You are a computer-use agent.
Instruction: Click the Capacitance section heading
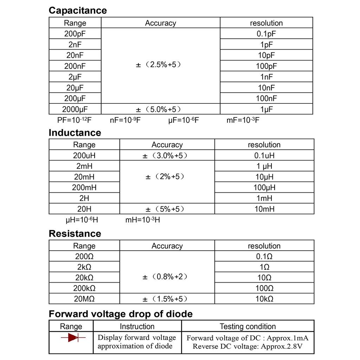coord(77,11)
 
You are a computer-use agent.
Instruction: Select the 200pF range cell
coord(75,34)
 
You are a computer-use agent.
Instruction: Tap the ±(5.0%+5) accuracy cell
coord(160,109)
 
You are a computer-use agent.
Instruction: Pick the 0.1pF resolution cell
coord(266,34)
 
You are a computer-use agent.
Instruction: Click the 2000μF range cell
coord(75,109)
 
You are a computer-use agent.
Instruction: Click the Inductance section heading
coord(75,133)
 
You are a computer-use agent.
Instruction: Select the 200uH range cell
coord(84,155)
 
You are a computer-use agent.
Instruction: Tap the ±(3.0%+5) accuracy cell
coord(167,155)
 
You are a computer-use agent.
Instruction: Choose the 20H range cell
coord(84,209)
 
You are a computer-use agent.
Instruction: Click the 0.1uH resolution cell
coord(264,155)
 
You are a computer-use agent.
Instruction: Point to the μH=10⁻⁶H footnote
coord(82,220)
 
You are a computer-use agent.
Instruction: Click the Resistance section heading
coord(75,234)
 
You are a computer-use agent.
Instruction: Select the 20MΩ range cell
coord(84,299)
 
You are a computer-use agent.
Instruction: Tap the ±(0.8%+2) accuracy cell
coord(167,277)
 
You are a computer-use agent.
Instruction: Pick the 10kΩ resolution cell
coord(264,299)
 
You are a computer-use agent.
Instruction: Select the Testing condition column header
coord(247,327)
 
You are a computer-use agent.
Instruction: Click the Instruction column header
coord(137,327)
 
